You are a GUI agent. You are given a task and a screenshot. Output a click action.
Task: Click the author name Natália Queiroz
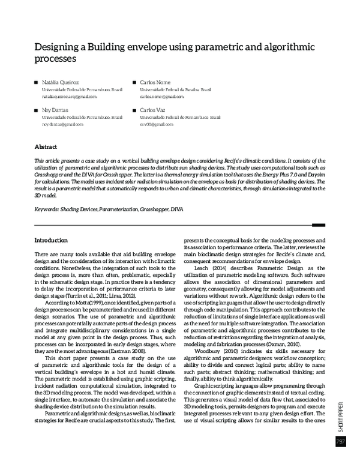click(59, 82)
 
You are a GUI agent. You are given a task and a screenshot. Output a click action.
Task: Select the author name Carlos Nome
click(155, 82)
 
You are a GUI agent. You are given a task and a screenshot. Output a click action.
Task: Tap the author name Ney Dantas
click(55, 110)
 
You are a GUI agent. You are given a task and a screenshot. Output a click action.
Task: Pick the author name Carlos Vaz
click(153, 110)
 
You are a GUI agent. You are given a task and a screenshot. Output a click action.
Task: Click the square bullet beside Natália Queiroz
click(36, 82)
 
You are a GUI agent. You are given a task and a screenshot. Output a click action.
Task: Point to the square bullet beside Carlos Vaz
click(135, 110)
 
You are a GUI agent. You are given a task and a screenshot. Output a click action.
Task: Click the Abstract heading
click(46, 146)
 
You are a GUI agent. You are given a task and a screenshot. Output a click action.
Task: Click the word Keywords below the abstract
click(46, 210)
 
